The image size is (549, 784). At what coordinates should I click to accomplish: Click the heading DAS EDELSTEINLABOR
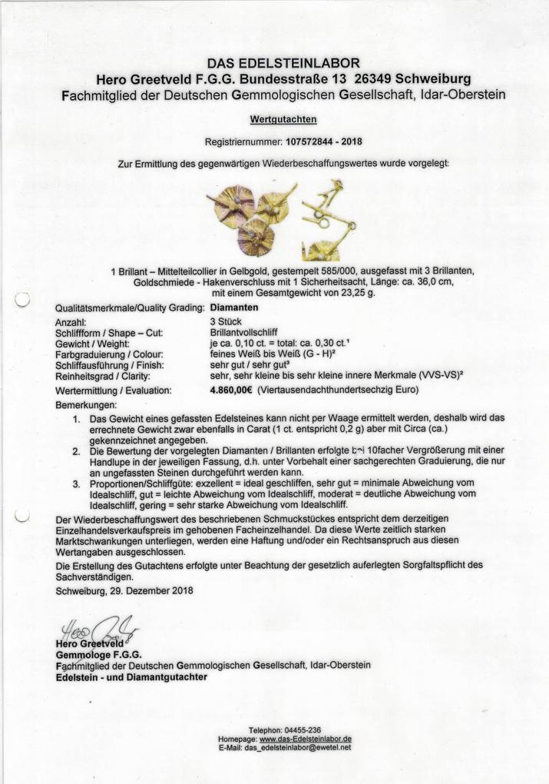point(283,63)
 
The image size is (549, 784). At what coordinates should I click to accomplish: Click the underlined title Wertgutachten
point(283,120)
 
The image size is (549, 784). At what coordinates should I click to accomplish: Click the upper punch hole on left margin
point(22,301)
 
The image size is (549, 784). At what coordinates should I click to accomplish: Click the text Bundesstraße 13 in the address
point(296,78)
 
